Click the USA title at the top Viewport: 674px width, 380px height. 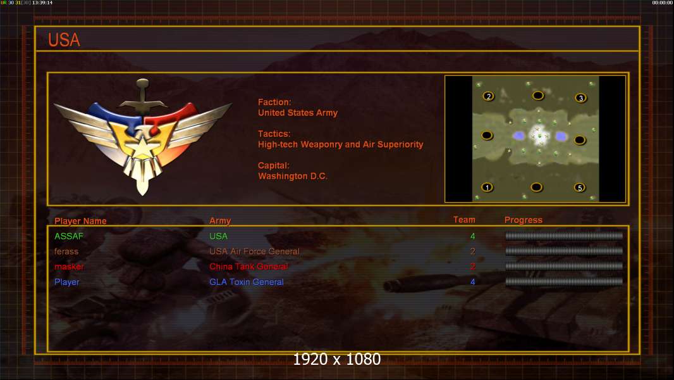64,40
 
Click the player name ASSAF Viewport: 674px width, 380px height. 69,236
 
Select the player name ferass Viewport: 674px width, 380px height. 66,251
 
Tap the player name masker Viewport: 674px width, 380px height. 69,267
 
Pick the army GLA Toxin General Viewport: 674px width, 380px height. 247,282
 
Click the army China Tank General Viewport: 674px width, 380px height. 248,267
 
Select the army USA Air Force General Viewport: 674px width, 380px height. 254,251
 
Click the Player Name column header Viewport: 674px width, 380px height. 80,221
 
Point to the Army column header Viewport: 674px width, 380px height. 220,221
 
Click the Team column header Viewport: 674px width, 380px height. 464,220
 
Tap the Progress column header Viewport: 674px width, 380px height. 524,220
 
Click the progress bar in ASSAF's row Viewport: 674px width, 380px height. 564,236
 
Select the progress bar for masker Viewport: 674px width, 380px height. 564,267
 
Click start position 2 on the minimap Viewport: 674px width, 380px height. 488,96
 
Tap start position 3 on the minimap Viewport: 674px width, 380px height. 580,98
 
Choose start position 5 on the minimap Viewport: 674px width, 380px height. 579,187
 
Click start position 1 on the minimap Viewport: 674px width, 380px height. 487,187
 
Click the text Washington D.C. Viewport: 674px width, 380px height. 292,176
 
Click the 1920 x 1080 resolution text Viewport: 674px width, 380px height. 336,360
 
